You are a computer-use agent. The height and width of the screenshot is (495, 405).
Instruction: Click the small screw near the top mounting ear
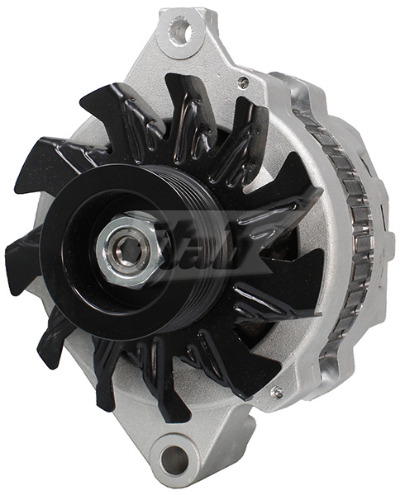[243, 82]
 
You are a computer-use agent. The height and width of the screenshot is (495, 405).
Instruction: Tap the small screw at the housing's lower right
[275, 391]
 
